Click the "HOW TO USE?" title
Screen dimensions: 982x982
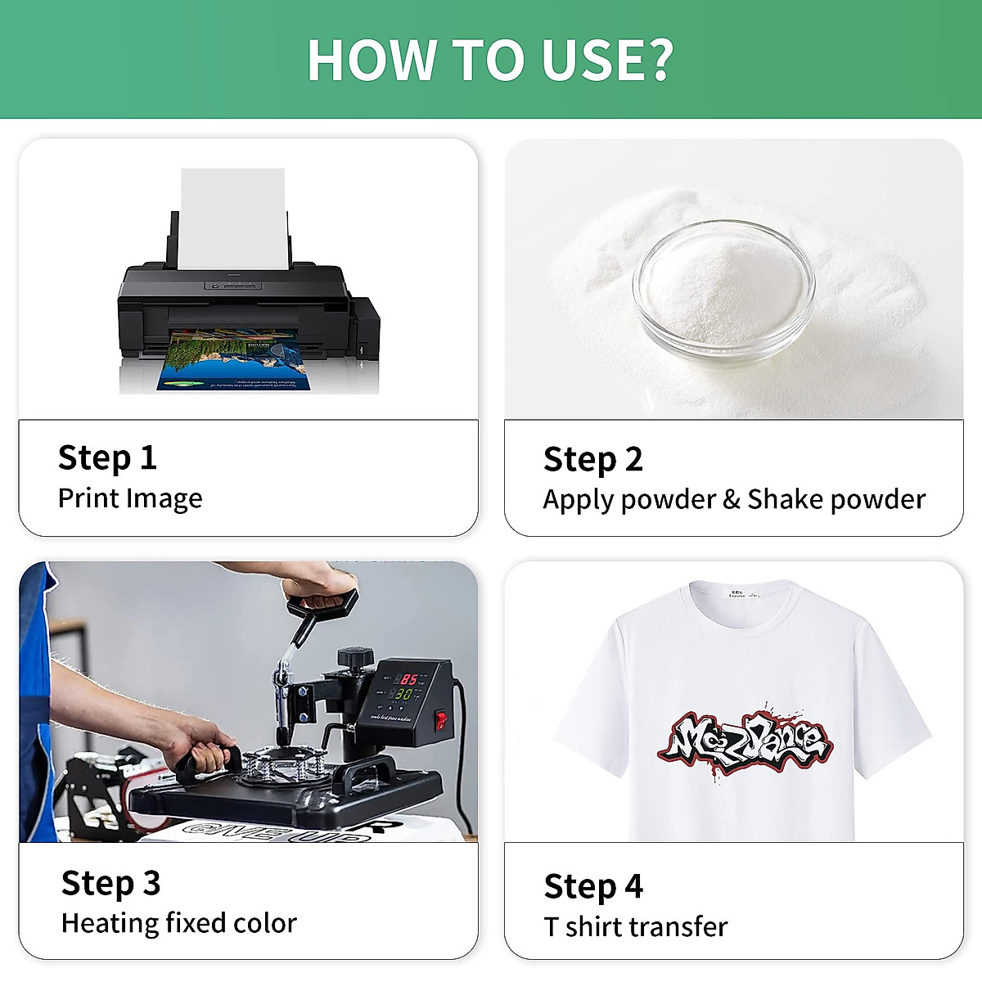(x=490, y=60)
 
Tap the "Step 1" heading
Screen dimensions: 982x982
(x=107, y=457)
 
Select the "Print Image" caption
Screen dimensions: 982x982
(x=130, y=498)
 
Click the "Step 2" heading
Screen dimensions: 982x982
(x=592, y=459)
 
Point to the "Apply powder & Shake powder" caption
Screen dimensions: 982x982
(x=734, y=499)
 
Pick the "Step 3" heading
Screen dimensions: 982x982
(x=110, y=883)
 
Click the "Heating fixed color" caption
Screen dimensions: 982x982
(x=178, y=923)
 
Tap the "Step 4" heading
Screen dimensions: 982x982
(x=592, y=886)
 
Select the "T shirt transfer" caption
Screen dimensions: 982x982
(x=635, y=926)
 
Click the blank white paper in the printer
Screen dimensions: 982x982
(x=232, y=218)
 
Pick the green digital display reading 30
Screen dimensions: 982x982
(x=403, y=694)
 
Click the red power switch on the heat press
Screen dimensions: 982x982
(x=441, y=720)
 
